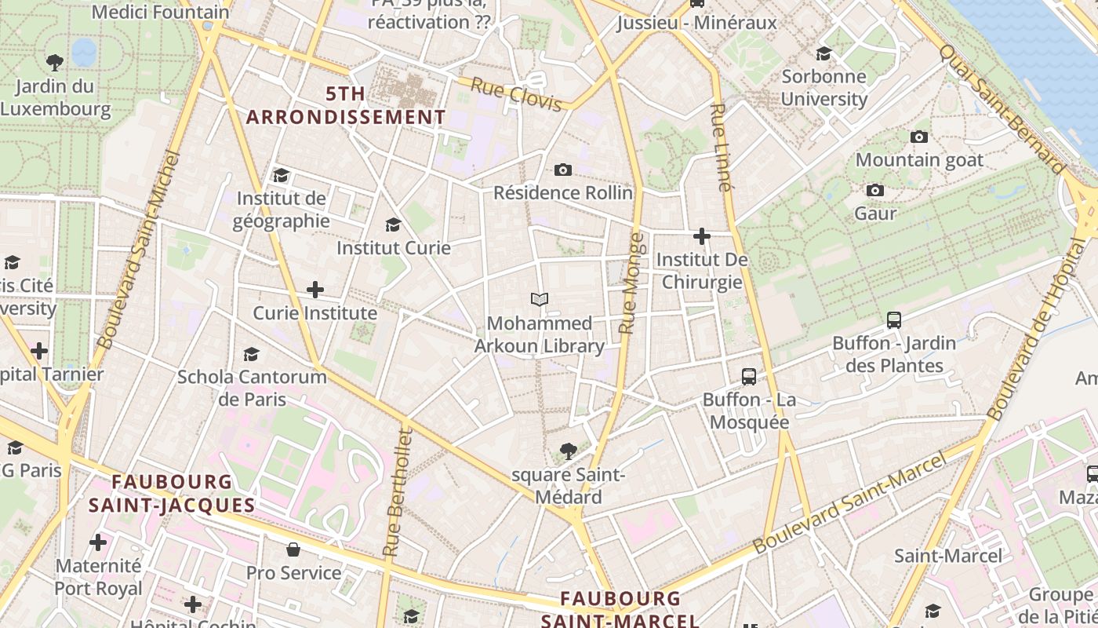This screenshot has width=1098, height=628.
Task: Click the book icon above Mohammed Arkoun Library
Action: (539, 299)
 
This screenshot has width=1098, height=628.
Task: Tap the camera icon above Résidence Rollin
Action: (562, 170)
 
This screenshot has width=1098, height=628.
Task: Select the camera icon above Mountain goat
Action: (918, 137)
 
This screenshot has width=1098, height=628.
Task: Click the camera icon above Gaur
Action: (874, 190)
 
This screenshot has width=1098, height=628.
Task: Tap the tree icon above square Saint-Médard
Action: (569, 451)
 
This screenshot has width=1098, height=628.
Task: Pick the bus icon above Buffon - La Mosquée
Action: (749, 376)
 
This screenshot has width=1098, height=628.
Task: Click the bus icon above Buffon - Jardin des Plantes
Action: (893, 319)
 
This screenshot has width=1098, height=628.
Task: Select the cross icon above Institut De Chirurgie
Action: (701, 235)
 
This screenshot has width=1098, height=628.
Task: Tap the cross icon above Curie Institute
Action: (314, 290)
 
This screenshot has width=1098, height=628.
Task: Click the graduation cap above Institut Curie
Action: (393, 225)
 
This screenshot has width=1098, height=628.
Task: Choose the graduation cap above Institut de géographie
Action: (281, 175)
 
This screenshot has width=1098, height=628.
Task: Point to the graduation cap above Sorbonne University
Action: (823, 53)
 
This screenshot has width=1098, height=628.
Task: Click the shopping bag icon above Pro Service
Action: (293, 549)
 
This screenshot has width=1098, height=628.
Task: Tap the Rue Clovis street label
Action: (516, 93)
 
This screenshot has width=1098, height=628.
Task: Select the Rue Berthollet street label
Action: (396, 492)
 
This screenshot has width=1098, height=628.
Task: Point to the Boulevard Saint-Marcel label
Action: (849, 503)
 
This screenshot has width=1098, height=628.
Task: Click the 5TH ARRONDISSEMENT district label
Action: (346, 105)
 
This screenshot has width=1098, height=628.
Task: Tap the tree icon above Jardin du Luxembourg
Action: (55, 61)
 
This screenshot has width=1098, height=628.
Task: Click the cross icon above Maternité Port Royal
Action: (98, 542)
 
